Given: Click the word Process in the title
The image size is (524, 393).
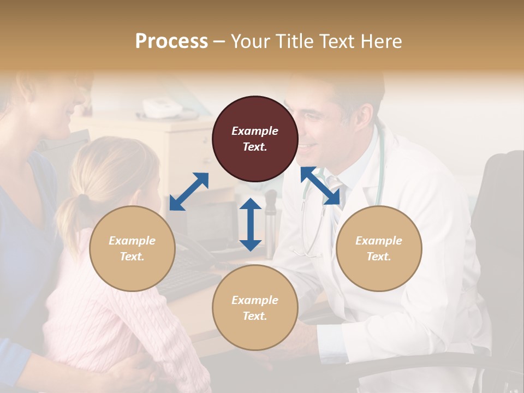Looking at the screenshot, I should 171,41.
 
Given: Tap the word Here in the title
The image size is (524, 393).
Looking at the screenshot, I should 381,41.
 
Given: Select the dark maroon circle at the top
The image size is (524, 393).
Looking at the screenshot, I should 255,139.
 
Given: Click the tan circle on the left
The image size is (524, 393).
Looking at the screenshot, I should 132,248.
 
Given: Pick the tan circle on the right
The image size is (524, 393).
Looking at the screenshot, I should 379,248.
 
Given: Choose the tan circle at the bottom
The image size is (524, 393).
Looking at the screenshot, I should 255,308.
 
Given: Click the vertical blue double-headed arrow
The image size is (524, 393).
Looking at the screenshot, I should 251,224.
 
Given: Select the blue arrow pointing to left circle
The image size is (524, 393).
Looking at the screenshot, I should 189,191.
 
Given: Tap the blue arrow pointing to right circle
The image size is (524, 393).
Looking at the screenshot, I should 320,186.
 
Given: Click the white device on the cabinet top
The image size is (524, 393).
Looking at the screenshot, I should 162,108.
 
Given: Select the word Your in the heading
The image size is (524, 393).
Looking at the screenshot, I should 252,41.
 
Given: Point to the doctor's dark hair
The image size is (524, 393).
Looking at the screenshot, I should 349,90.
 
